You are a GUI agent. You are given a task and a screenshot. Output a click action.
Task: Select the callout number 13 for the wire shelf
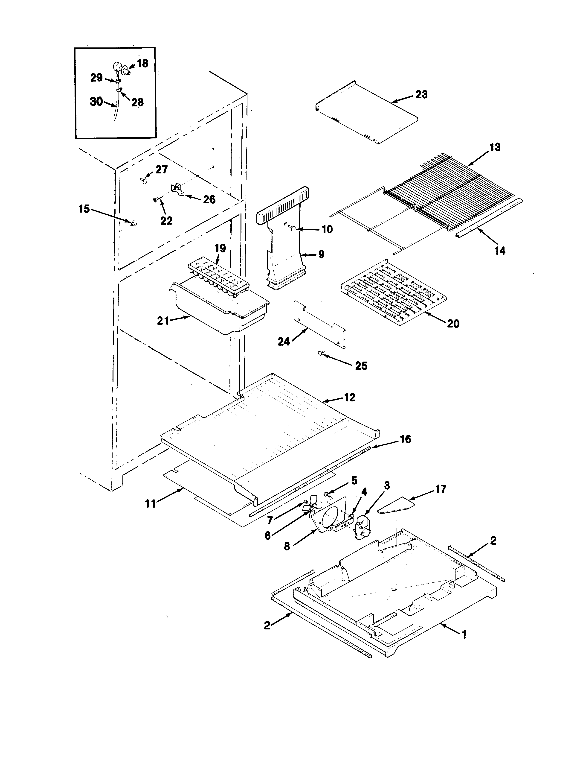click(x=495, y=147)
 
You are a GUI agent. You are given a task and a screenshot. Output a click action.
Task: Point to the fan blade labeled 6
click(x=311, y=507)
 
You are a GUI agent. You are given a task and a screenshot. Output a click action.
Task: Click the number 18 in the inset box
click(x=142, y=64)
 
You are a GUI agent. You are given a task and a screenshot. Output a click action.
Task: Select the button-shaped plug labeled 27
click(x=144, y=180)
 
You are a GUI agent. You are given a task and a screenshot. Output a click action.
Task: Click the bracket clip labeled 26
click(x=178, y=189)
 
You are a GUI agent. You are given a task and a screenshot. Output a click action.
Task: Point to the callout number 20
click(x=453, y=324)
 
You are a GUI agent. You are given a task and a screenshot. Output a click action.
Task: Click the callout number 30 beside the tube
click(x=96, y=102)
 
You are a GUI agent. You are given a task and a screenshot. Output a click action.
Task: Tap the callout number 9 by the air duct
click(x=321, y=255)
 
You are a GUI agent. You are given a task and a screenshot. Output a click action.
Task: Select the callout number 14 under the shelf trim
click(x=499, y=251)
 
